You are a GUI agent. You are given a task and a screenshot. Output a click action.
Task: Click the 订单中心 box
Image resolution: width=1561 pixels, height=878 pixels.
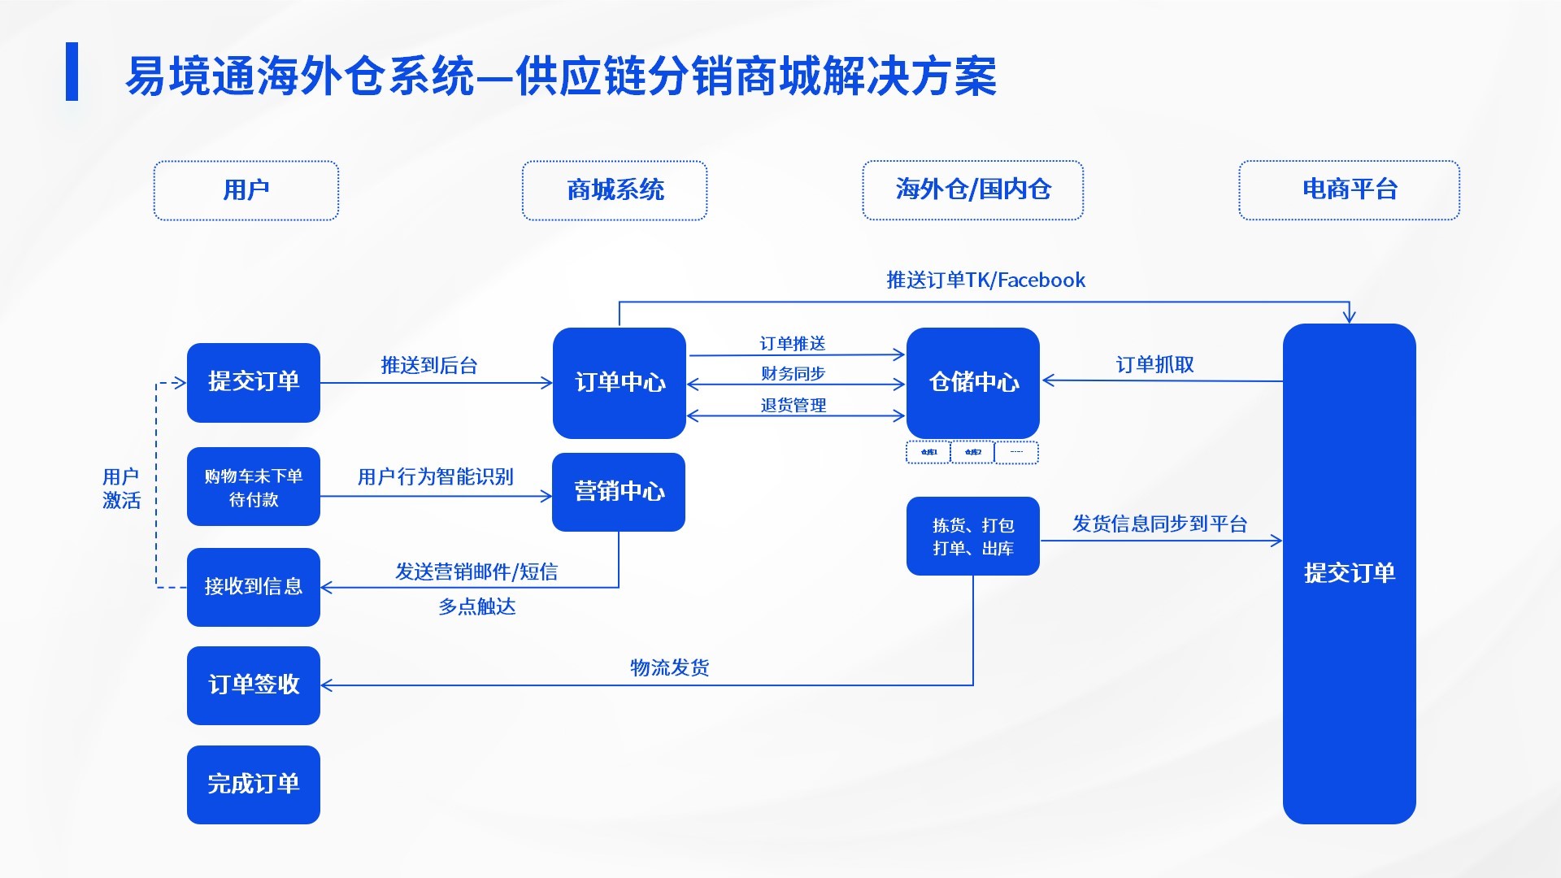click(x=619, y=383)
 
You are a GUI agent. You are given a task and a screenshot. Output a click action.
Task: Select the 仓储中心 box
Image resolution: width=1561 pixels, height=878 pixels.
click(x=972, y=383)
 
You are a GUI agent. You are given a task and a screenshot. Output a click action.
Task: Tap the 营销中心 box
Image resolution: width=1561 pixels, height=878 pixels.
click(x=619, y=492)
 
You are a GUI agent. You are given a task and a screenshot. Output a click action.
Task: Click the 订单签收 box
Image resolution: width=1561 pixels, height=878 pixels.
click(x=254, y=685)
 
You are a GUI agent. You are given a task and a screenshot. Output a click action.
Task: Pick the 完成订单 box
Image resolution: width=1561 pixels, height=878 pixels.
click(x=254, y=785)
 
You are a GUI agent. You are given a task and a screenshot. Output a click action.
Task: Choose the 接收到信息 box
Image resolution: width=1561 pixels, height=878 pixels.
click(x=254, y=587)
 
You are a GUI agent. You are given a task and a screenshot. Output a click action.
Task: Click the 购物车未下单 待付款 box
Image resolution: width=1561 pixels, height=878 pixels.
click(x=254, y=487)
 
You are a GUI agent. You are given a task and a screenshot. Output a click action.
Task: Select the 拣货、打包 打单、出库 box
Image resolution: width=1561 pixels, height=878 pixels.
click(x=972, y=537)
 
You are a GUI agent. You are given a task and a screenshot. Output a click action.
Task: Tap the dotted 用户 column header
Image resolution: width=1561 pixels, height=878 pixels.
click(x=246, y=190)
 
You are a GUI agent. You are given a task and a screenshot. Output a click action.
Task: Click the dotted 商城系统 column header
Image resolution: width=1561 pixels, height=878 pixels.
click(x=615, y=190)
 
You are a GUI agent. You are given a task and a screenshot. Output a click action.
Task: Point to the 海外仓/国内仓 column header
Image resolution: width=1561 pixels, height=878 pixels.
click(x=972, y=190)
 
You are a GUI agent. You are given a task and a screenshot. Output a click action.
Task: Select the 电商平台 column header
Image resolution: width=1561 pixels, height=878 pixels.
click(x=1349, y=190)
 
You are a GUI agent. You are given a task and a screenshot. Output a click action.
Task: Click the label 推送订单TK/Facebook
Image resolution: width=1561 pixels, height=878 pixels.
click(x=985, y=280)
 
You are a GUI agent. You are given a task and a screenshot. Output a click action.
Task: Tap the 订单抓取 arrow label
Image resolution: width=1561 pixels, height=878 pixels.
click(x=1154, y=365)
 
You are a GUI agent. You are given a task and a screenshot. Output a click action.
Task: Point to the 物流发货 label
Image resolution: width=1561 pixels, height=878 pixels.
click(x=669, y=668)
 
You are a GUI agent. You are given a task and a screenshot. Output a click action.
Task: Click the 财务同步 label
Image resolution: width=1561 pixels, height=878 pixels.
click(x=793, y=374)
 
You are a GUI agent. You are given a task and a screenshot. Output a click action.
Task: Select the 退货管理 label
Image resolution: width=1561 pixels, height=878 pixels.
click(x=793, y=405)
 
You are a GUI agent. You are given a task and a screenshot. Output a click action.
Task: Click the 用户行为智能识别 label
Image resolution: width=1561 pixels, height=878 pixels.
click(x=435, y=477)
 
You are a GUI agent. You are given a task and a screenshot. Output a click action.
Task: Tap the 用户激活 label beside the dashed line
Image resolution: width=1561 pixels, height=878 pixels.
click(x=121, y=489)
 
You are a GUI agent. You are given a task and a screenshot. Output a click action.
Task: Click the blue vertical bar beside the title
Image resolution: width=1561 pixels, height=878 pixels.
click(x=72, y=72)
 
